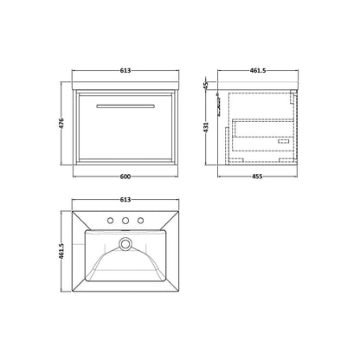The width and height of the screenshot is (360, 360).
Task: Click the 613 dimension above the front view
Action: coord(125,70)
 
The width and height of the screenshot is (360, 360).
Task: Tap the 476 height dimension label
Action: coord(62,124)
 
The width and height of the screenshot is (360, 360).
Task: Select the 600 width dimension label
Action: coord(125,177)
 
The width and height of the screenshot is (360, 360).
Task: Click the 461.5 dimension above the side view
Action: coord(258,70)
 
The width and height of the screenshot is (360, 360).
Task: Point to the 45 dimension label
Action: coord(206,85)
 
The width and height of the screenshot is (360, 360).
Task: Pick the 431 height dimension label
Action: coord(206,127)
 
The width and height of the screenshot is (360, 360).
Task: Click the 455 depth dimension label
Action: coord(257,177)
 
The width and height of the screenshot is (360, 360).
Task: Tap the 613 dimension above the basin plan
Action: coord(125,200)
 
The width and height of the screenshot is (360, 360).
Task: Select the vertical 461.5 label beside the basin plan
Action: coord(62,251)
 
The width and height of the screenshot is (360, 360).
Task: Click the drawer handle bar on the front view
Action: coord(125,106)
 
